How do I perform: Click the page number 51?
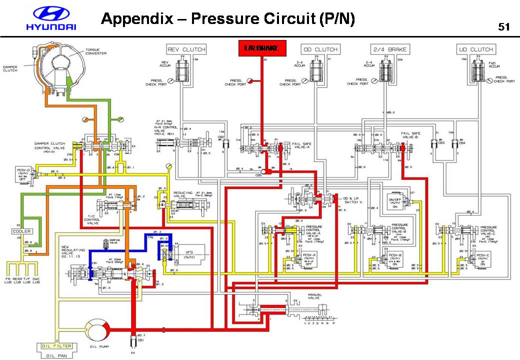503,26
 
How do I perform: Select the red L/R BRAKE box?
261,48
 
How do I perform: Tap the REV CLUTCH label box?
186,49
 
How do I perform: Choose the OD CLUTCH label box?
320,49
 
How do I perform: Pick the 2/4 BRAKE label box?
390,49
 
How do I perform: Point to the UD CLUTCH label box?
475,49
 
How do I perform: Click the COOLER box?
22,231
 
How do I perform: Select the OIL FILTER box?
57,346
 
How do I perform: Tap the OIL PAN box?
57,355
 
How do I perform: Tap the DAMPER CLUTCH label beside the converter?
10,68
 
